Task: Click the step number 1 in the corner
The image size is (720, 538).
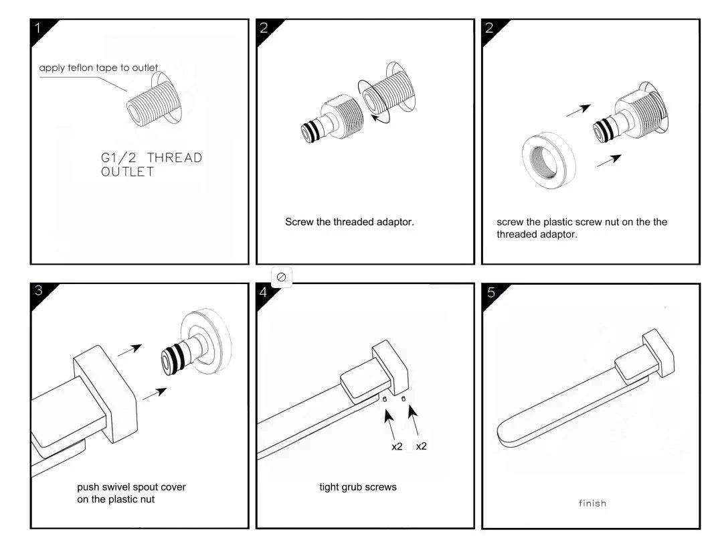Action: (38, 28)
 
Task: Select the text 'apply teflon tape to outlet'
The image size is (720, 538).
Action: (98, 68)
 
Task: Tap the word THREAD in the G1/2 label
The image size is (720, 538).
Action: (174, 158)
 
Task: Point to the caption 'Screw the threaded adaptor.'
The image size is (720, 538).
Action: (349, 222)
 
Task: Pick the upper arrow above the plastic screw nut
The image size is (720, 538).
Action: (579, 110)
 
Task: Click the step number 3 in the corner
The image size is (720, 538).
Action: (39, 291)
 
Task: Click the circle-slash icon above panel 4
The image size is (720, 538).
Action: (282, 277)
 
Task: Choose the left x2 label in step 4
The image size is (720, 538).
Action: (397, 446)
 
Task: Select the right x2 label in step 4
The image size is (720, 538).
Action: (421, 446)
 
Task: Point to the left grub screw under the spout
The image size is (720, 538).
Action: (386, 399)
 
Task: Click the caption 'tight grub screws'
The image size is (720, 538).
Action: (357, 487)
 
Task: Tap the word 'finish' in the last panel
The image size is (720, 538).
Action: (592, 503)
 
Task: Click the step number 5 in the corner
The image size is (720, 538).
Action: (492, 292)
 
